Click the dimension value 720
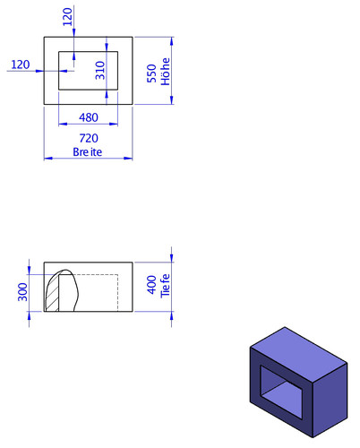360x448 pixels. click(x=89, y=138)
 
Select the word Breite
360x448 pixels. click(x=88, y=151)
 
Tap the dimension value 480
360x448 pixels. click(x=89, y=117)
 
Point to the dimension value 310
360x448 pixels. click(x=100, y=71)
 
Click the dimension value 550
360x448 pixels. click(x=152, y=73)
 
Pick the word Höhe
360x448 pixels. click(x=165, y=72)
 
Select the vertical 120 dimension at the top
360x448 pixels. click(x=67, y=17)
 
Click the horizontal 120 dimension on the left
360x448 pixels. click(x=21, y=65)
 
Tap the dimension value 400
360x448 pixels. click(x=152, y=285)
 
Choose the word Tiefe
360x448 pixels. click(x=165, y=286)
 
